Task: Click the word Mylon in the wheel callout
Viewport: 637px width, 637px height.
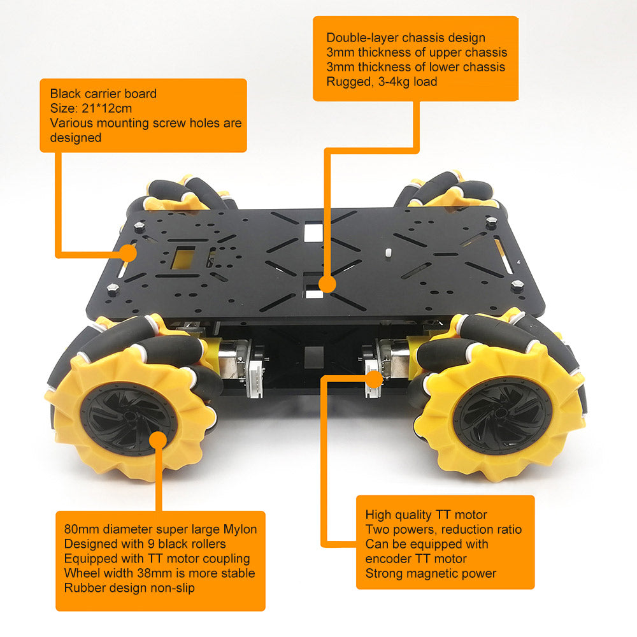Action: click(240, 529)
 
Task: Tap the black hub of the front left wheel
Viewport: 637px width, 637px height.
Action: click(129, 419)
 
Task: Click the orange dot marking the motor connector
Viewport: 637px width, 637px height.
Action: click(374, 378)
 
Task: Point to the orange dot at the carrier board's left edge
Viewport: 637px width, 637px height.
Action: click(129, 253)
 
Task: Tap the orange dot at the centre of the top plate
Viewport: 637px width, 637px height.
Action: click(327, 284)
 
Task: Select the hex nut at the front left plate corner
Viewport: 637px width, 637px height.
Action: click(113, 289)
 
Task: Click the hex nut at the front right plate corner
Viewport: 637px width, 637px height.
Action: click(517, 285)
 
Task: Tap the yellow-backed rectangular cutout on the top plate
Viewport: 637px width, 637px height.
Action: click(183, 259)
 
